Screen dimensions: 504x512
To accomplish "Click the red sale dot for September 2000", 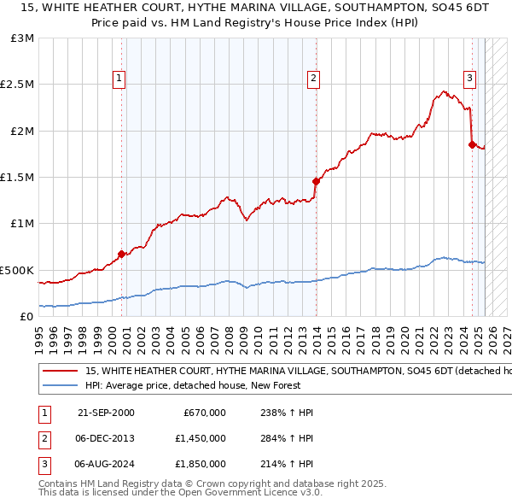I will coord(121,254).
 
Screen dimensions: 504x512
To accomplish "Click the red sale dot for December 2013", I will coord(316,181).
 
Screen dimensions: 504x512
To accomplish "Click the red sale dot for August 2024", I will coord(472,144).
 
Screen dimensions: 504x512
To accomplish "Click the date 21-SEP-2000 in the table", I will coord(106,413).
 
